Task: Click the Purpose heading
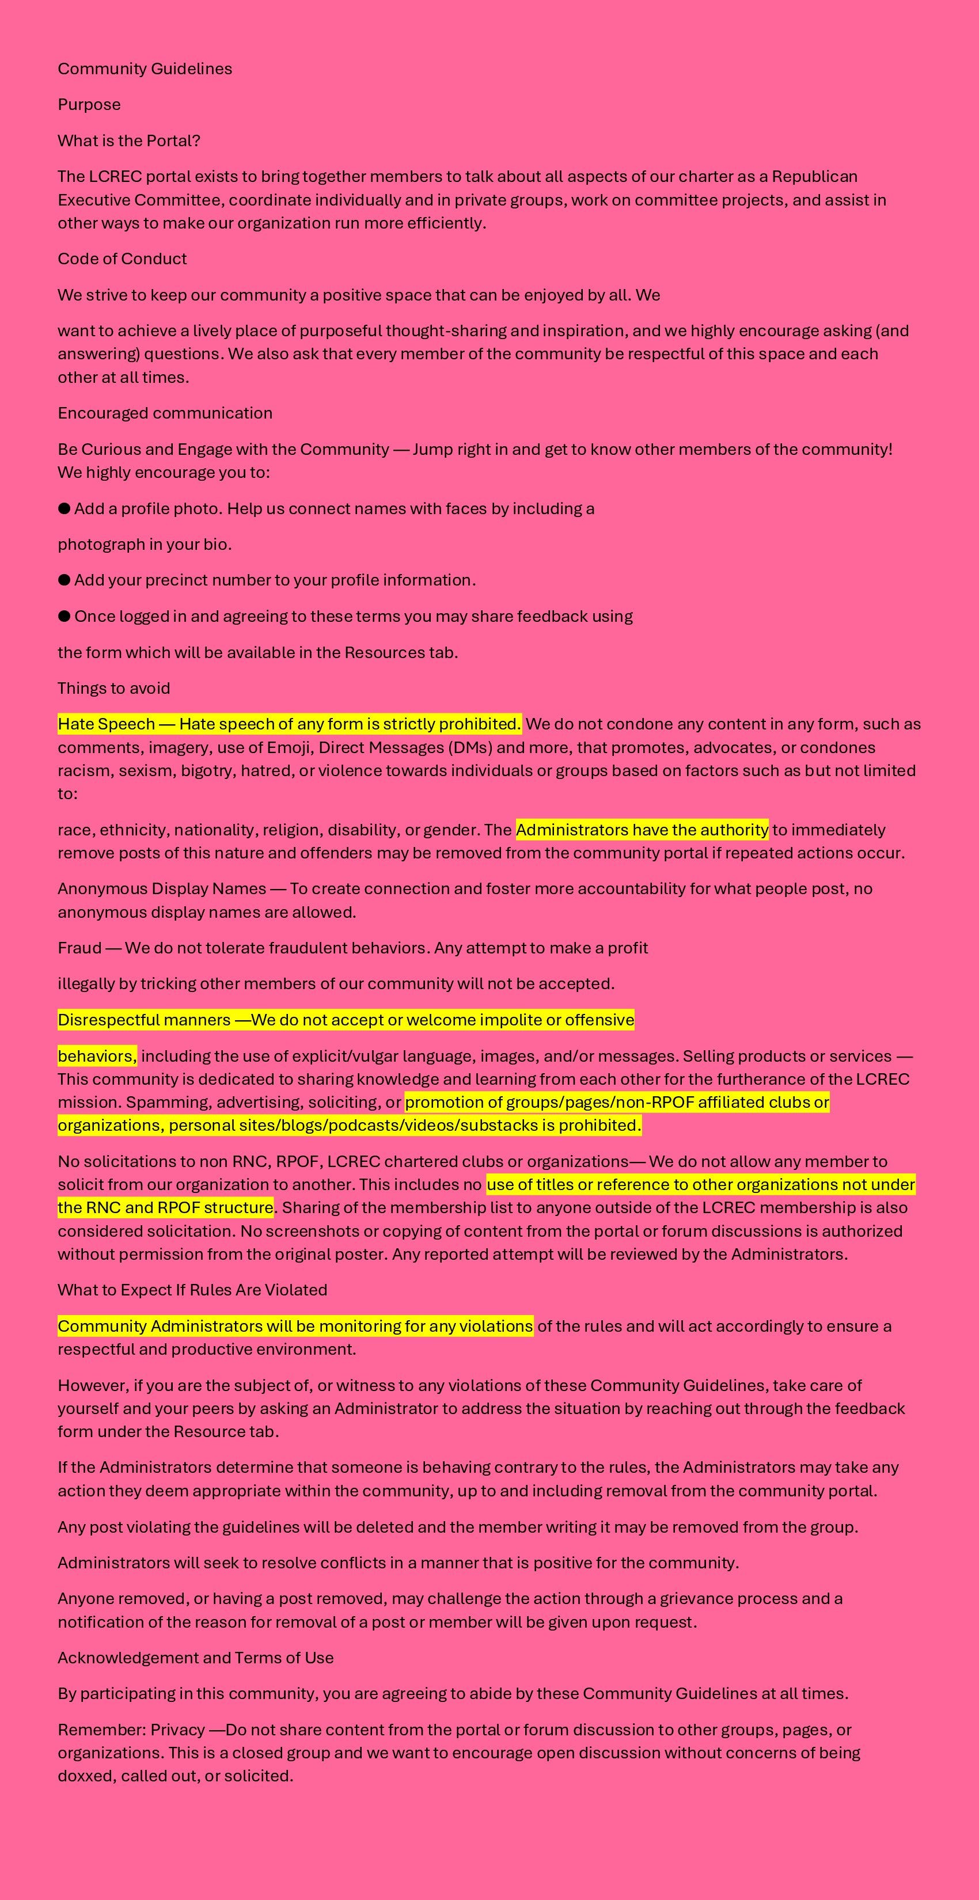point(89,105)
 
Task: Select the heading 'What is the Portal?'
point(129,141)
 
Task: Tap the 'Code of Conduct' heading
point(122,259)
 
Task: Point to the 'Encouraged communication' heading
point(165,413)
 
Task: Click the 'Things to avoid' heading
point(113,688)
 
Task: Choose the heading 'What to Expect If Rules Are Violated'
point(192,1290)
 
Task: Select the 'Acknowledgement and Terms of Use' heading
point(195,1658)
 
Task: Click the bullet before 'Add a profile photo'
point(64,508)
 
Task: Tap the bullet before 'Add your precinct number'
point(64,580)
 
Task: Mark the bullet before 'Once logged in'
point(64,616)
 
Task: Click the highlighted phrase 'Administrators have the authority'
point(642,830)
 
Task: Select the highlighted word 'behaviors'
point(97,1056)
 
